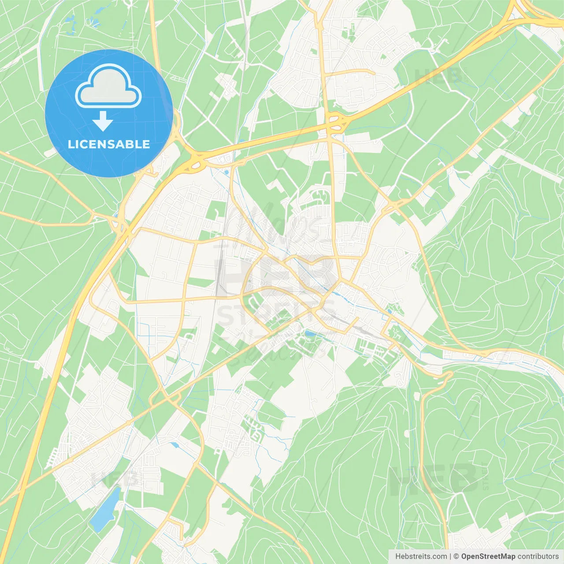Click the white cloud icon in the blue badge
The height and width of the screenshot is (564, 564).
click(x=108, y=87)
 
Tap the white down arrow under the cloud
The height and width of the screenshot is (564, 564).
click(x=103, y=121)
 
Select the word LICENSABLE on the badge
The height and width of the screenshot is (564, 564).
click(x=109, y=144)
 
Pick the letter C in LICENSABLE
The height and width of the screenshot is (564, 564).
click(x=85, y=144)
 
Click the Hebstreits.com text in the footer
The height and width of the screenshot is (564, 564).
click(x=421, y=557)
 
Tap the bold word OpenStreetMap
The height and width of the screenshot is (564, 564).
click(x=488, y=557)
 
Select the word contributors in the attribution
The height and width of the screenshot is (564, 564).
click(x=538, y=557)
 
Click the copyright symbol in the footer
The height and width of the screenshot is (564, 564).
click(x=456, y=557)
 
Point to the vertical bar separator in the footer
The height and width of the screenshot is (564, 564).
click(x=450, y=557)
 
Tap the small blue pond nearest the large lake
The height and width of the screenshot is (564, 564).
click(x=175, y=445)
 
